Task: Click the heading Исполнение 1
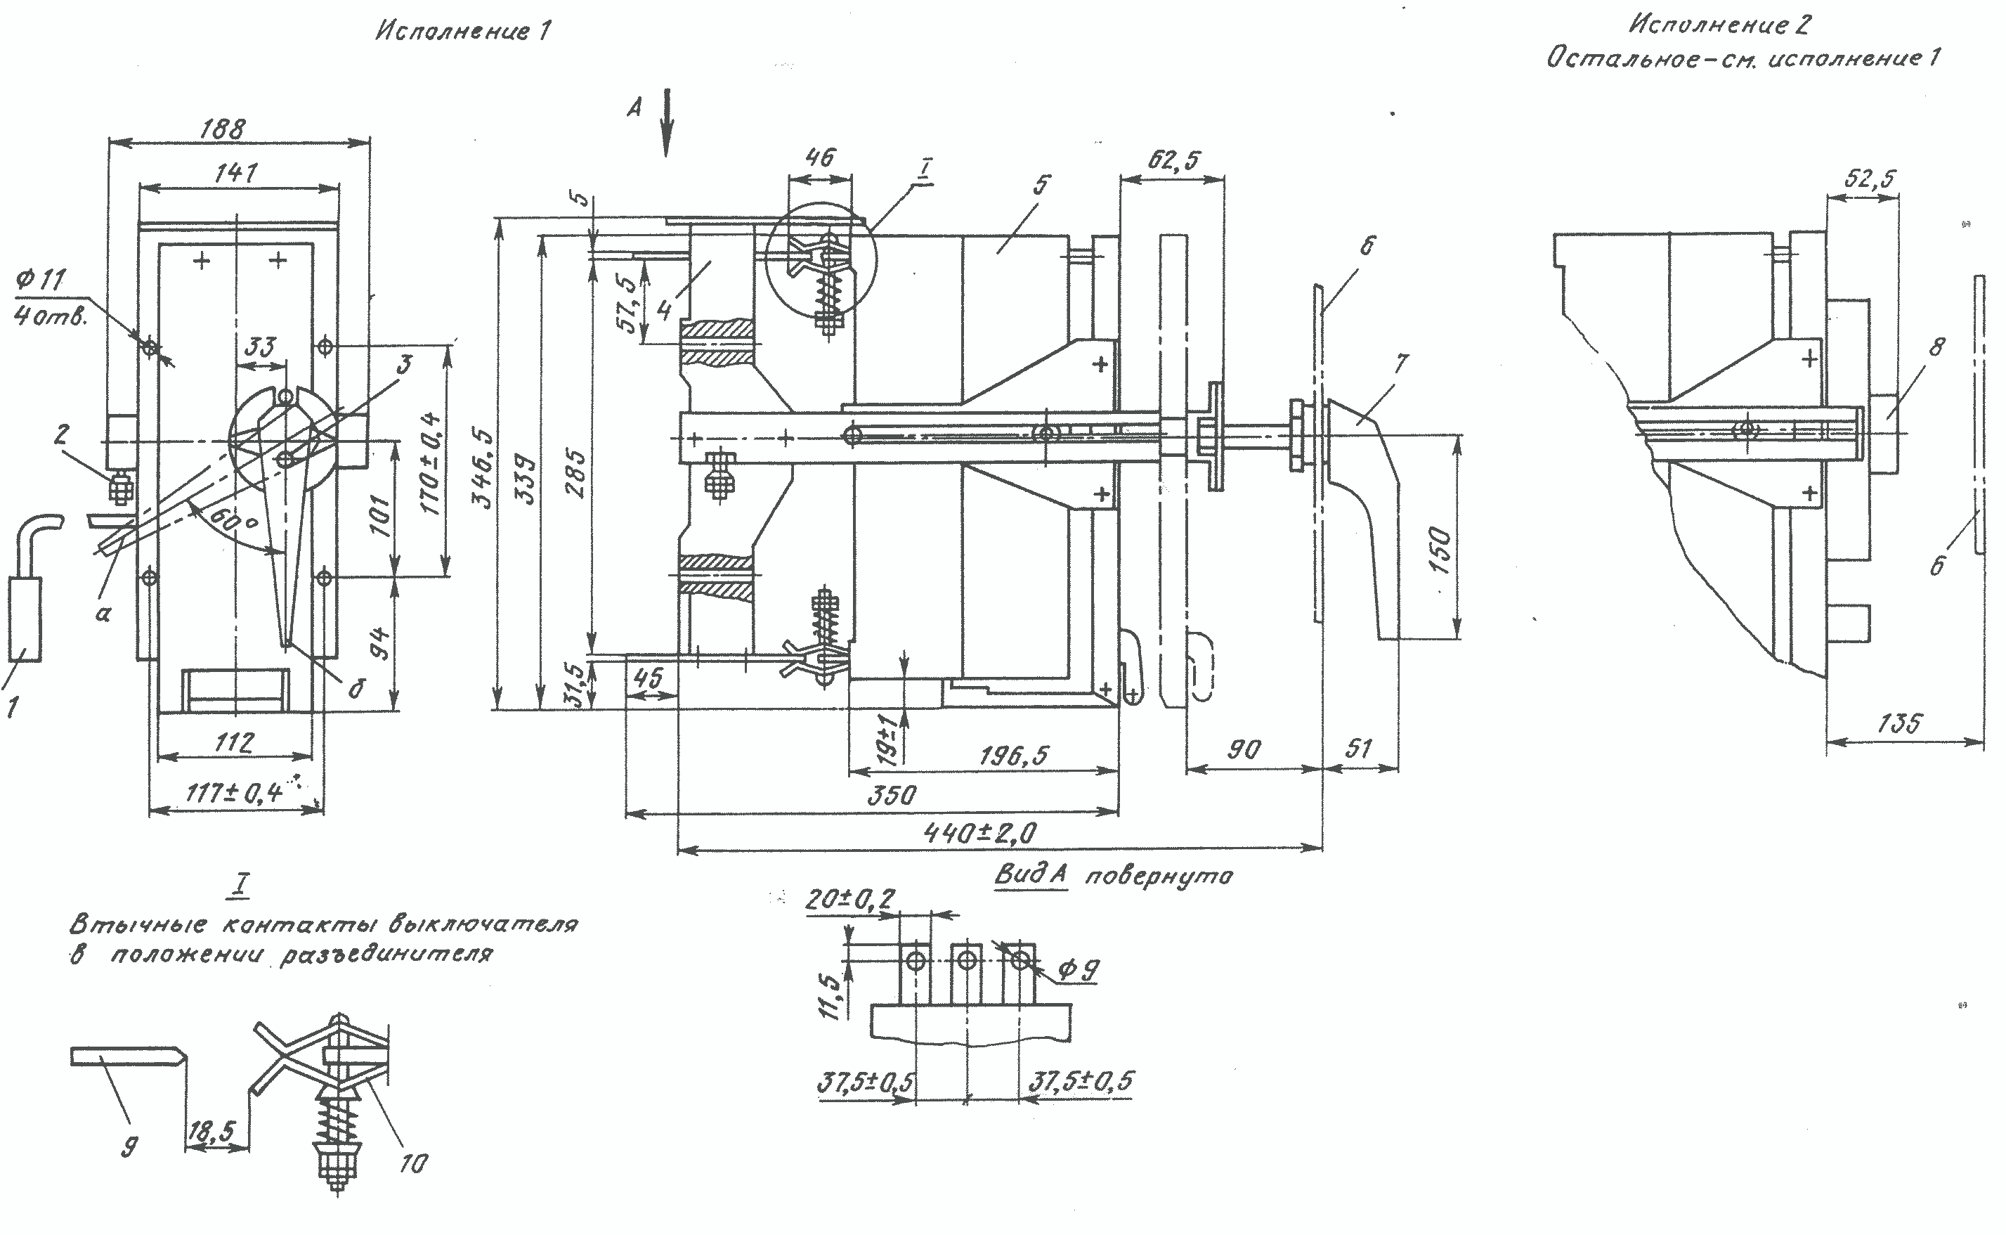tap(463, 31)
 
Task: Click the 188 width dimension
tap(222, 129)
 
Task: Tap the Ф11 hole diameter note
tap(41, 281)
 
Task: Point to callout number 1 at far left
tap(11, 707)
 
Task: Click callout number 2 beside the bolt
tap(61, 434)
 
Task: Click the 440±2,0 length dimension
tap(979, 832)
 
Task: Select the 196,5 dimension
tap(1013, 756)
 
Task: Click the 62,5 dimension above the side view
tap(1174, 160)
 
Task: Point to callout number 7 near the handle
tap(1401, 363)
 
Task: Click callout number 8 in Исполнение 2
tap(1936, 347)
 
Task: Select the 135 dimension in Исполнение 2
tap(1900, 723)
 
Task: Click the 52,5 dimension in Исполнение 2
tap(1870, 178)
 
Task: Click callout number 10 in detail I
tap(413, 1163)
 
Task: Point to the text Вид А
tap(1030, 875)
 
